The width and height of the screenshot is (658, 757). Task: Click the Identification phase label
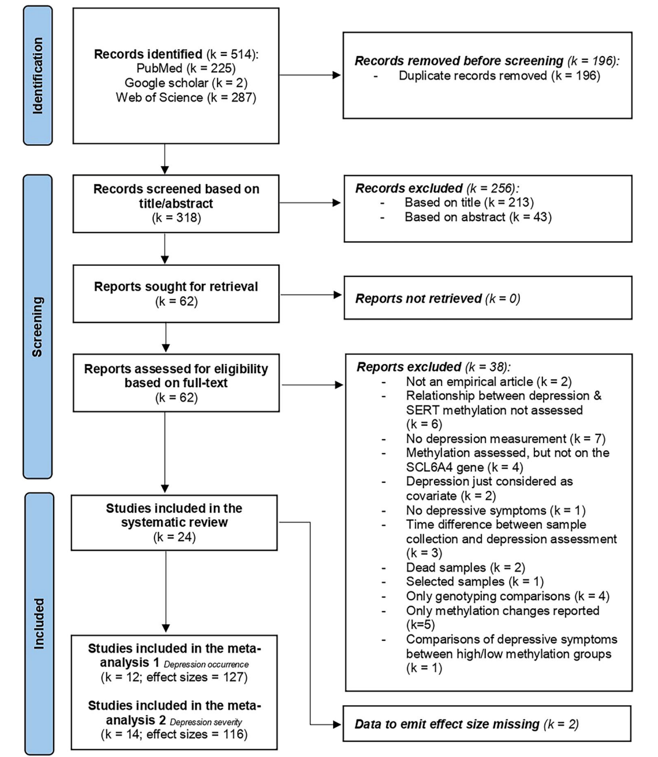pyautogui.click(x=38, y=76)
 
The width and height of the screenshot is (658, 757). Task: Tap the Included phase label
pyautogui.click(x=39, y=624)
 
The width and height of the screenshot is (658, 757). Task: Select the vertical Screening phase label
pyautogui.click(x=37, y=327)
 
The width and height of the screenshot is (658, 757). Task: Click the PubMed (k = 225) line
pyautogui.click(x=186, y=68)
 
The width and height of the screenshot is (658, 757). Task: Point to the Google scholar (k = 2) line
pyautogui.click(x=186, y=82)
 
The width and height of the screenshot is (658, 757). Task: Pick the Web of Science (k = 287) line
pyautogui.click(x=186, y=97)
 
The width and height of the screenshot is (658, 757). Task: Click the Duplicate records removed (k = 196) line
pyautogui.click(x=499, y=75)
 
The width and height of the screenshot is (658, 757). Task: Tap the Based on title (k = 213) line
pyautogui.click(x=469, y=202)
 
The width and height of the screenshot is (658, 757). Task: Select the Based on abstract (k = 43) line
pyautogui.click(x=478, y=217)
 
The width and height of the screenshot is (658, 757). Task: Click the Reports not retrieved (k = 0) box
pyautogui.click(x=488, y=298)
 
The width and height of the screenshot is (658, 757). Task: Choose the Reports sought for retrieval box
pyautogui.click(x=176, y=294)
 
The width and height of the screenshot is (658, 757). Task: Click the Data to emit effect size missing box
pyautogui.click(x=487, y=724)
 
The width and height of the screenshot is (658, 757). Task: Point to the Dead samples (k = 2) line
pyautogui.click(x=466, y=567)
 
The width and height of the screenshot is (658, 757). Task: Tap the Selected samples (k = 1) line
pyautogui.click(x=475, y=581)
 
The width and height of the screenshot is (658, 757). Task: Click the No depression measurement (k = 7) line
pyautogui.click(x=506, y=439)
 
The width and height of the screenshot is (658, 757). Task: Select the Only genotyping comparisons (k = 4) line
pyautogui.click(x=508, y=596)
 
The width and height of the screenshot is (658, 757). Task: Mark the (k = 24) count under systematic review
pyautogui.click(x=174, y=537)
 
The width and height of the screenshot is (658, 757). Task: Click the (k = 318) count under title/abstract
pyautogui.click(x=177, y=218)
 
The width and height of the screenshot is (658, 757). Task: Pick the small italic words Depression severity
pyautogui.click(x=206, y=722)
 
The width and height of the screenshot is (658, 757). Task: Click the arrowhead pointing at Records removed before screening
pyautogui.click(x=337, y=75)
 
